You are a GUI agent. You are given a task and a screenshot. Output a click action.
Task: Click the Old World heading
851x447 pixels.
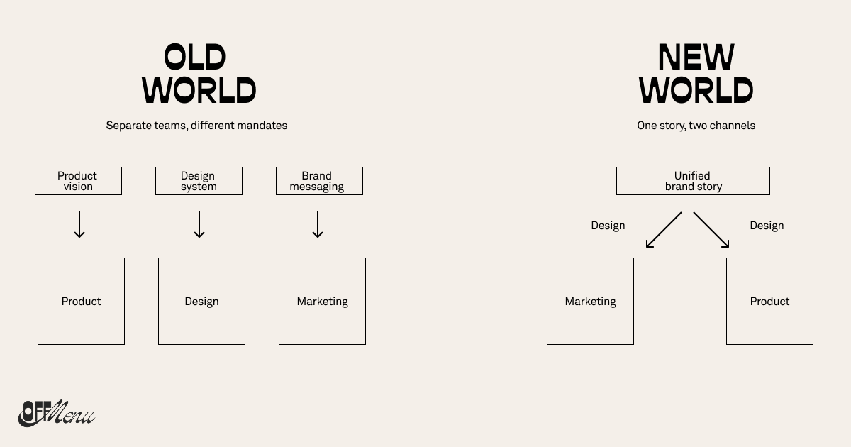tap(199, 74)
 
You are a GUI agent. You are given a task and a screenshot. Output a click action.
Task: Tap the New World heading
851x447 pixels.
tap(696, 74)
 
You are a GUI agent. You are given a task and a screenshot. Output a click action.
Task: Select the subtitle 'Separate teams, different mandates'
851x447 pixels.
tap(196, 126)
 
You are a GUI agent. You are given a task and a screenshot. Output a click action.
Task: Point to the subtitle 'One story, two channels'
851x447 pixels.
tap(696, 126)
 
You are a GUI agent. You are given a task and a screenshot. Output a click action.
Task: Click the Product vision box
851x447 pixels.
tap(78, 181)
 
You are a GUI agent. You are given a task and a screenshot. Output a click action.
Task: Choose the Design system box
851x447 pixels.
tap(199, 181)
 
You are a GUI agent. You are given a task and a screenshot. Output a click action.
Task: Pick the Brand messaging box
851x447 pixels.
tap(319, 181)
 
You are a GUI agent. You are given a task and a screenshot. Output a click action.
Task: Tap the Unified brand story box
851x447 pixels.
tap(693, 181)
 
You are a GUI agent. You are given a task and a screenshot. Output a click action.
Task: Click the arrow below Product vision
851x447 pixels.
tap(79, 224)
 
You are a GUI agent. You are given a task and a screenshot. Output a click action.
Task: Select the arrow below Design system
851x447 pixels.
tap(199, 224)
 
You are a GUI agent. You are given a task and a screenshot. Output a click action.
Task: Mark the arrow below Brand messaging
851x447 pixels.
tap(318, 224)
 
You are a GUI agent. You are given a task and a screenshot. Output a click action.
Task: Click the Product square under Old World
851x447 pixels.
tap(81, 301)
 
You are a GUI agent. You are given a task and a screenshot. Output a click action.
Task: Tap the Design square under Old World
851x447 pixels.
tap(201, 301)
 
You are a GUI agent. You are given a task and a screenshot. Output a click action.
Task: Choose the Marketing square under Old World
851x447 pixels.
tap(322, 301)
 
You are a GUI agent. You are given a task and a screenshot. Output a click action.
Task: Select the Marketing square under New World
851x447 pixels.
tap(590, 301)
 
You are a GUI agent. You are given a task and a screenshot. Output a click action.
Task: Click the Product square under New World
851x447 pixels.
tap(769, 301)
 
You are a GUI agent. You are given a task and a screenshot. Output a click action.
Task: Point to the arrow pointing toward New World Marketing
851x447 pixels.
tap(664, 230)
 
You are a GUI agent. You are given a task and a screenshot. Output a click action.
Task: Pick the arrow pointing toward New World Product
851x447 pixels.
tap(711, 230)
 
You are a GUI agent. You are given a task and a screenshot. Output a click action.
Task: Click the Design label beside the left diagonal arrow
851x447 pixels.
tap(608, 226)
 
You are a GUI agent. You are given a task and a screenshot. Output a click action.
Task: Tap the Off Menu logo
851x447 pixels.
tap(55, 413)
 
